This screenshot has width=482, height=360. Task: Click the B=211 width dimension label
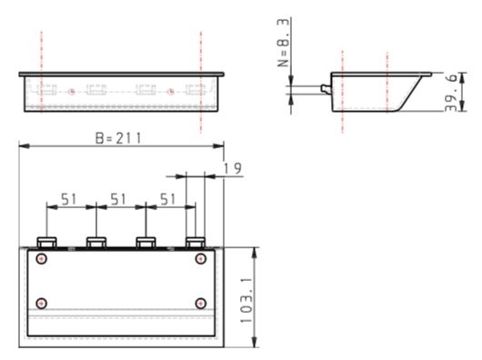coord(118,138)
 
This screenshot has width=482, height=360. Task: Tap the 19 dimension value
coord(233,168)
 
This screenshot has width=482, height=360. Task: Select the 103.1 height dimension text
coord(246,300)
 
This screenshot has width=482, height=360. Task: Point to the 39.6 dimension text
coord(451,93)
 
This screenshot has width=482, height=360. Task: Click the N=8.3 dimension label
coord(283,43)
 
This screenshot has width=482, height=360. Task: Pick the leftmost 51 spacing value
coord(68,199)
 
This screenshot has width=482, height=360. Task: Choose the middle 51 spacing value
coord(118,199)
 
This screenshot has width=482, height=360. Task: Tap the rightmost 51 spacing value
coord(167,199)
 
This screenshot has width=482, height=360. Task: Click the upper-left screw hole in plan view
coord(42,258)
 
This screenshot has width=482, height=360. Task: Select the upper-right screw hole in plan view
coord(201,258)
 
